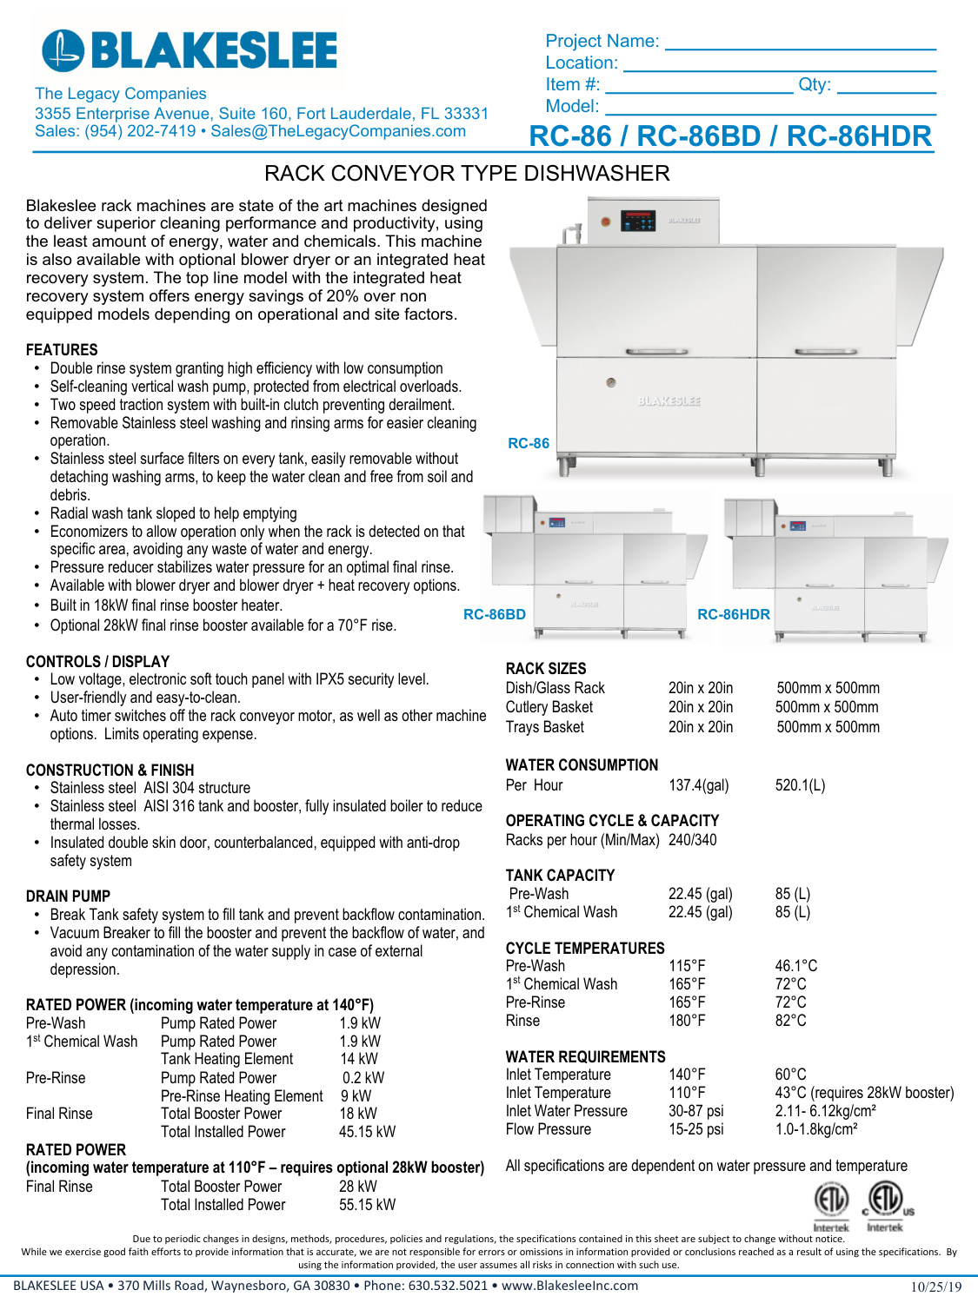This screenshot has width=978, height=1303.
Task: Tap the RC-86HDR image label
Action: click(x=734, y=614)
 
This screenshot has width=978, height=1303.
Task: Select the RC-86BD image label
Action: click(x=495, y=614)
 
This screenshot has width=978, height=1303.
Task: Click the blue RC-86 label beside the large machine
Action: click(x=529, y=443)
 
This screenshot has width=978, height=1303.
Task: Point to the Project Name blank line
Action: click(x=800, y=43)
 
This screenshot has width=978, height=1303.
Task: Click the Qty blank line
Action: click(x=886, y=87)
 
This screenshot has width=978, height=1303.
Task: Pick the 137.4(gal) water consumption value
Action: click(x=698, y=785)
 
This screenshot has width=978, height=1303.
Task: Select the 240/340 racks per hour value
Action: click(x=692, y=840)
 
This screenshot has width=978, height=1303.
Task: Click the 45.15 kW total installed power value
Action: click(x=367, y=1132)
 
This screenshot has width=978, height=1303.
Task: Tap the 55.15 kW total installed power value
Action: click(x=367, y=1205)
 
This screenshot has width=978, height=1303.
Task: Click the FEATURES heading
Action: click(x=62, y=350)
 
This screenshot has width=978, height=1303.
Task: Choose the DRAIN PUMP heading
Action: click(x=68, y=896)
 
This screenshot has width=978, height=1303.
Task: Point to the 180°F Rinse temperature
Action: click(x=687, y=1021)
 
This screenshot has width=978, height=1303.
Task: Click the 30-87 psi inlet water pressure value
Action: click(x=695, y=1111)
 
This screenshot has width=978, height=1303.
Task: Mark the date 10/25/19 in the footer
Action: click(x=935, y=1286)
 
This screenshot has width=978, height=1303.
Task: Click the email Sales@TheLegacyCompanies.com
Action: click(x=338, y=131)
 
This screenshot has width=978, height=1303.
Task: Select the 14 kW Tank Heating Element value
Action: click(x=359, y=1059)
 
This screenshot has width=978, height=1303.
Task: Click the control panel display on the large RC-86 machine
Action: click(x=638, y=222)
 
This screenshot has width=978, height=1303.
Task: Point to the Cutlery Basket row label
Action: click(x=549, y=707)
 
